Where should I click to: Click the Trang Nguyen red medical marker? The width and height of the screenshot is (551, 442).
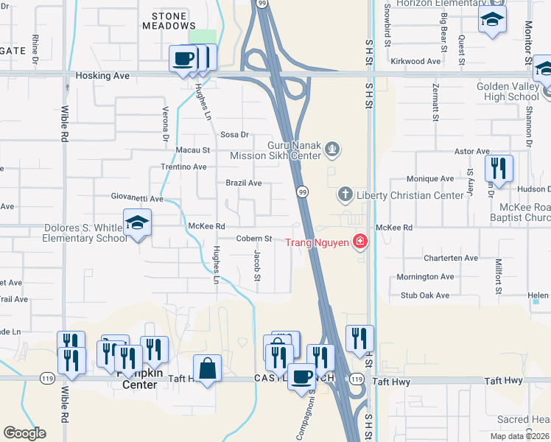click(x=360, y=242)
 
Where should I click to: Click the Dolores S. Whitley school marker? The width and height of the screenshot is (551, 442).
click(x=136, y=222)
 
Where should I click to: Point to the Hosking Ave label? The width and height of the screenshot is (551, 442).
click(x=102, y=76)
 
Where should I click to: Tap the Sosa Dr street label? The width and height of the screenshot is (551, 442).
click(x=236, y=134)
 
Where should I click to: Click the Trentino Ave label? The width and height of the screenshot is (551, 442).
click(x=183, y=167)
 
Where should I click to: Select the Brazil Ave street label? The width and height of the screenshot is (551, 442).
click(x=244, y=183)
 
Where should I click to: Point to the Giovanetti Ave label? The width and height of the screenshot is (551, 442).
click(x=137, y=199)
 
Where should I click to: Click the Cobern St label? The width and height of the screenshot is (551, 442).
click(x=255, y=239)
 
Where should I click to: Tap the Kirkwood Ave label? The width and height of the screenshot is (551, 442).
click(x=415, y=61)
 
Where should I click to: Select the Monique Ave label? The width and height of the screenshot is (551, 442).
click(x=430, y=179)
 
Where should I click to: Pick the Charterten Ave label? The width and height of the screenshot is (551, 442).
click(x=451, y=259)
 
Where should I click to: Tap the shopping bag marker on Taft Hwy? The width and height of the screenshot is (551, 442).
click(x=208, y=368)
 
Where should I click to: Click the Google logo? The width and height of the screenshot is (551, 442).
click(x=24, y=433)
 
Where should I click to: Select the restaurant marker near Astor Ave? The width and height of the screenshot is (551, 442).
click(x=499, y=168)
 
